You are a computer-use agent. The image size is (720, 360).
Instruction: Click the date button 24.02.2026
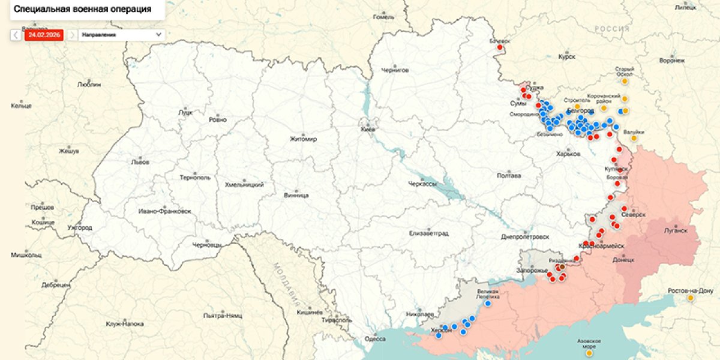(44, 35)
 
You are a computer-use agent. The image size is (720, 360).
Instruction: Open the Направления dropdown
(122, 35)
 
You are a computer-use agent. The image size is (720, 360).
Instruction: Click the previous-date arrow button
(16, 35)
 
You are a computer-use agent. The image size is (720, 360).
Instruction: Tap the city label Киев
(368, 129)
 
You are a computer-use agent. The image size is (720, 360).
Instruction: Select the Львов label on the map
(140, 162)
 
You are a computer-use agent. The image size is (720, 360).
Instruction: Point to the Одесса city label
(375, 339)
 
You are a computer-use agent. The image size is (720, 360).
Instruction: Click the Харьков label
(568, 154)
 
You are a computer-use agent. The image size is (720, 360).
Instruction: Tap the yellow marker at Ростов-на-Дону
(691, 298)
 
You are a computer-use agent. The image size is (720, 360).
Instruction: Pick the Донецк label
(623, 260)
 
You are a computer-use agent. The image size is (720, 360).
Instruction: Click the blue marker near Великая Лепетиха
(488, 304)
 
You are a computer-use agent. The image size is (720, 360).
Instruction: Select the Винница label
(296, 196)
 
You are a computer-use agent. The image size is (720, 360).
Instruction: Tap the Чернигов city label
(395, 70)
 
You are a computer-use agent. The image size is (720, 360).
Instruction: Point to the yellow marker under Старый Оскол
(625, 81)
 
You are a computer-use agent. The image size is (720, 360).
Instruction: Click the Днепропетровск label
(525, 236)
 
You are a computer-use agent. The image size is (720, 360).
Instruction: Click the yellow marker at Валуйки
(633, 139)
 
